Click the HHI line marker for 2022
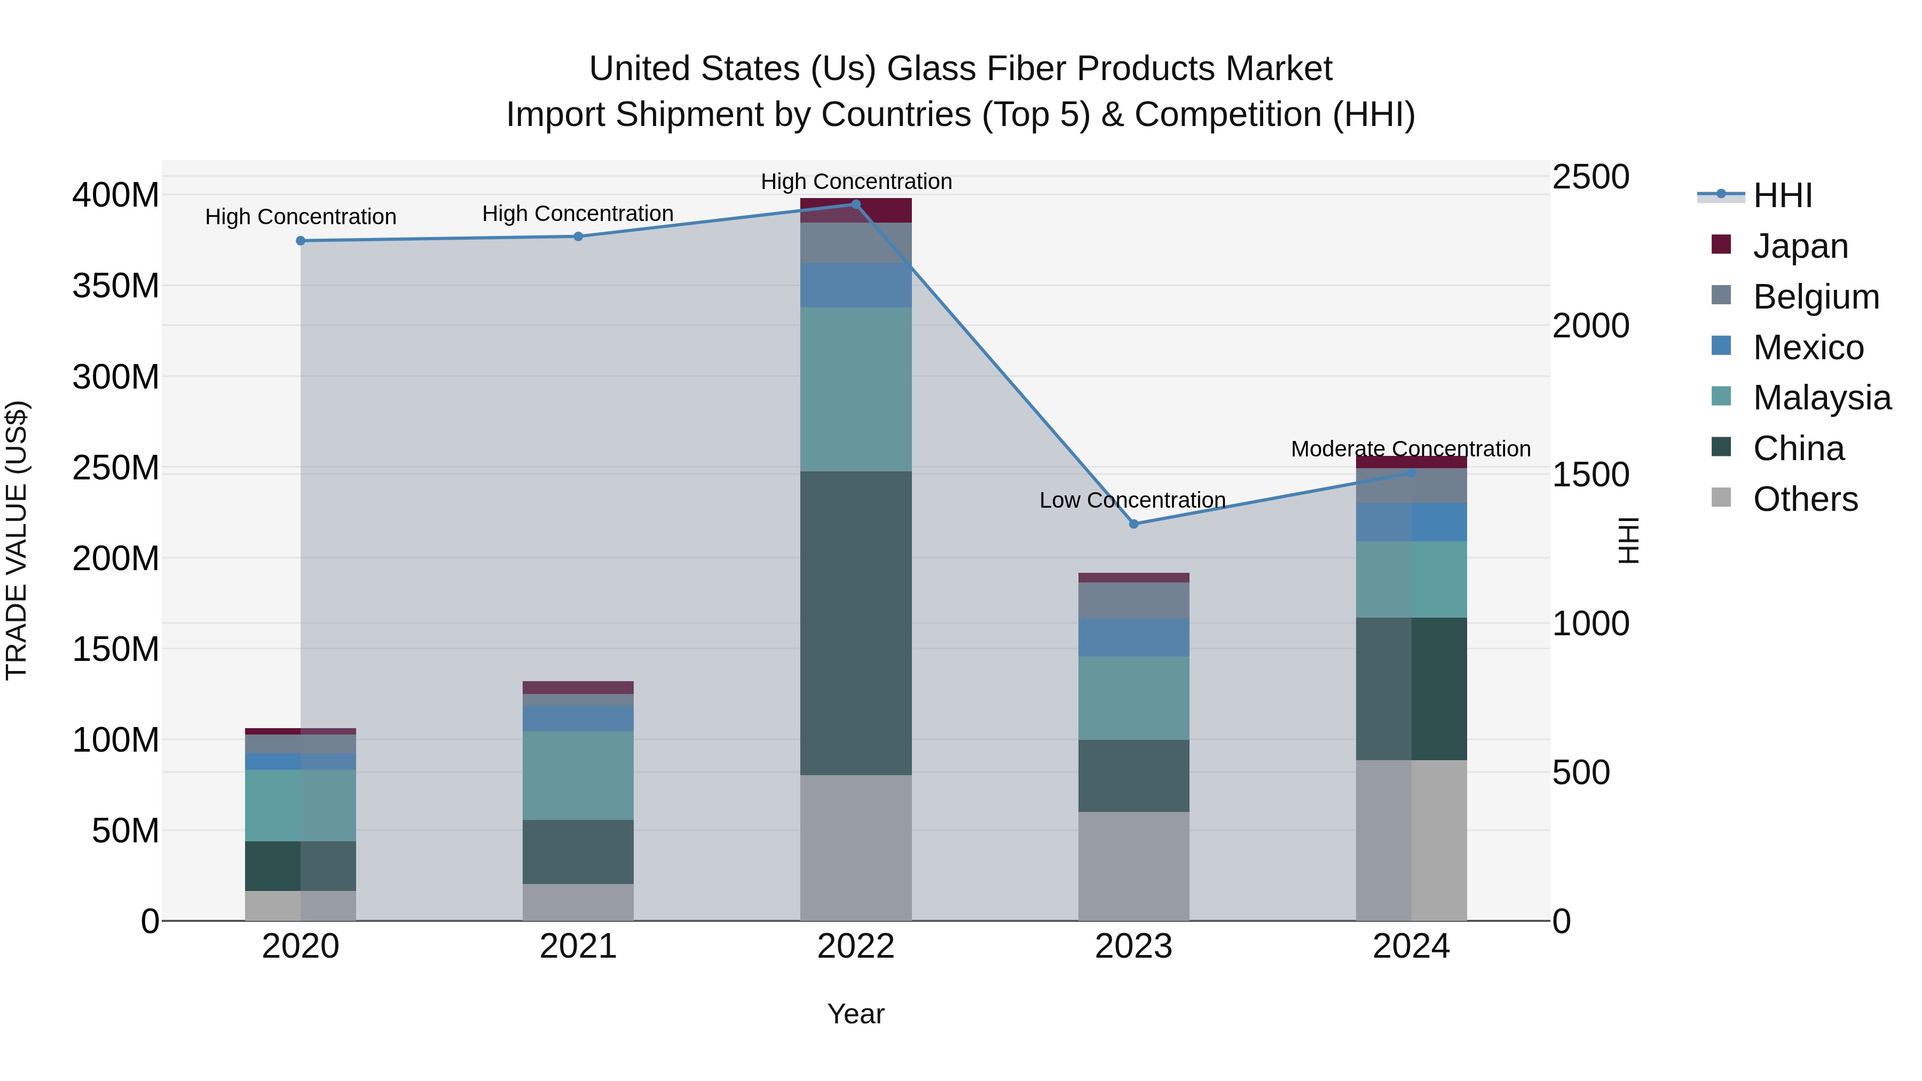point(856,204)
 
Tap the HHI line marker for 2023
point(1133,524)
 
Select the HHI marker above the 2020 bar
point(301,240)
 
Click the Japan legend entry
point(1800,246)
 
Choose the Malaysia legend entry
point(1821,398)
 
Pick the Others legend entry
point(1805,499)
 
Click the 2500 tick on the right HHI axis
point(1591,178)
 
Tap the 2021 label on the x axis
point(578,946)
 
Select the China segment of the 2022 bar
point(856,623)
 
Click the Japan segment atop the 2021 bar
point(578,687)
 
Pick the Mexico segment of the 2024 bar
point(1411,522)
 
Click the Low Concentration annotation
point(1132,500)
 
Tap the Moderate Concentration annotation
point(1410,449)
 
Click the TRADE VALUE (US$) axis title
point(17,540)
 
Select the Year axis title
point(856,1014)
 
